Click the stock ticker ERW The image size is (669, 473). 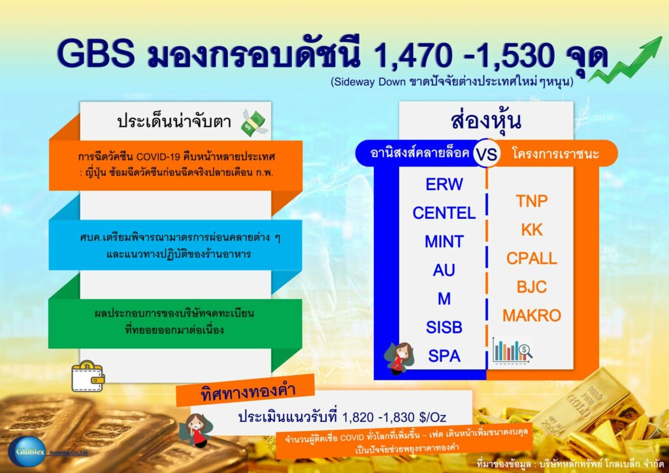pos(444,184)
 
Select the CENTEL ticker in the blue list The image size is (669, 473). pos(444,213)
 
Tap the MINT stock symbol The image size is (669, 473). pos(444,242)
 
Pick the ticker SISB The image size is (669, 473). pos(444,327)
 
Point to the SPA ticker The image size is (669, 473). pos(444,355)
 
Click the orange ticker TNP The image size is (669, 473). pos(532,201)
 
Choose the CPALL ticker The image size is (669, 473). pos(532,259)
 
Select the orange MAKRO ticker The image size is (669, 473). pos(532,316)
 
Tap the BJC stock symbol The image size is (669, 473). pos(532,287)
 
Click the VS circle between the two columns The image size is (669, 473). pos(487,153)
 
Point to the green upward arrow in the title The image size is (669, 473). pos(625,59)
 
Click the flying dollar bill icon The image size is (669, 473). pos(253,123)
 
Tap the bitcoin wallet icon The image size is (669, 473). pos(88,376)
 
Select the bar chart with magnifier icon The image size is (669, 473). pos(512,351)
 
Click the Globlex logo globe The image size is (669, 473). pos(26,451)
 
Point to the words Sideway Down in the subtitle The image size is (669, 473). pos(369,82)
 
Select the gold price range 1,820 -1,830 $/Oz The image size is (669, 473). pos(394,417)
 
